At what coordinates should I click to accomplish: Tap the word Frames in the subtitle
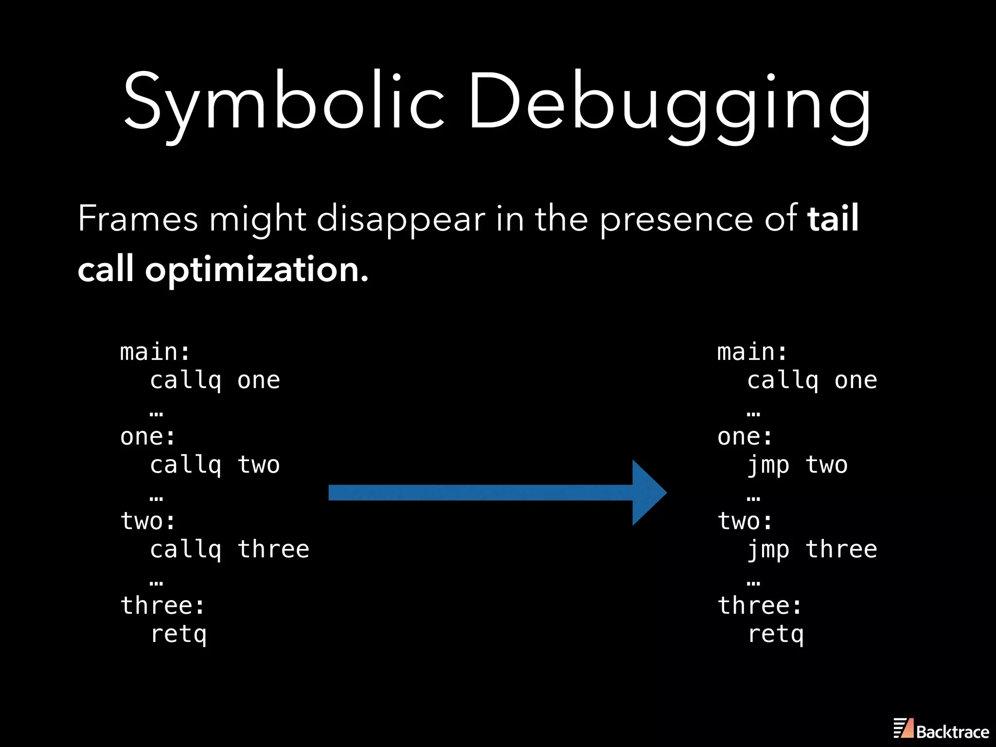click(x=138, y=219)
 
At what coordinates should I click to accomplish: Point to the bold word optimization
click(x=257, y=270)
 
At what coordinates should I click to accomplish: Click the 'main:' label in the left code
click(x=155, y=352)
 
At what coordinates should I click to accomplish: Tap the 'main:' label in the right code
click(x=752, y=352)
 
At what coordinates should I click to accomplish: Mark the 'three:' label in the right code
click(x=759, y=606)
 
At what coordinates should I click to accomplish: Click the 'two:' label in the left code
click(x=147, y=521)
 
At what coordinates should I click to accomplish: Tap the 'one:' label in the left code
click(x=147, y=437)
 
